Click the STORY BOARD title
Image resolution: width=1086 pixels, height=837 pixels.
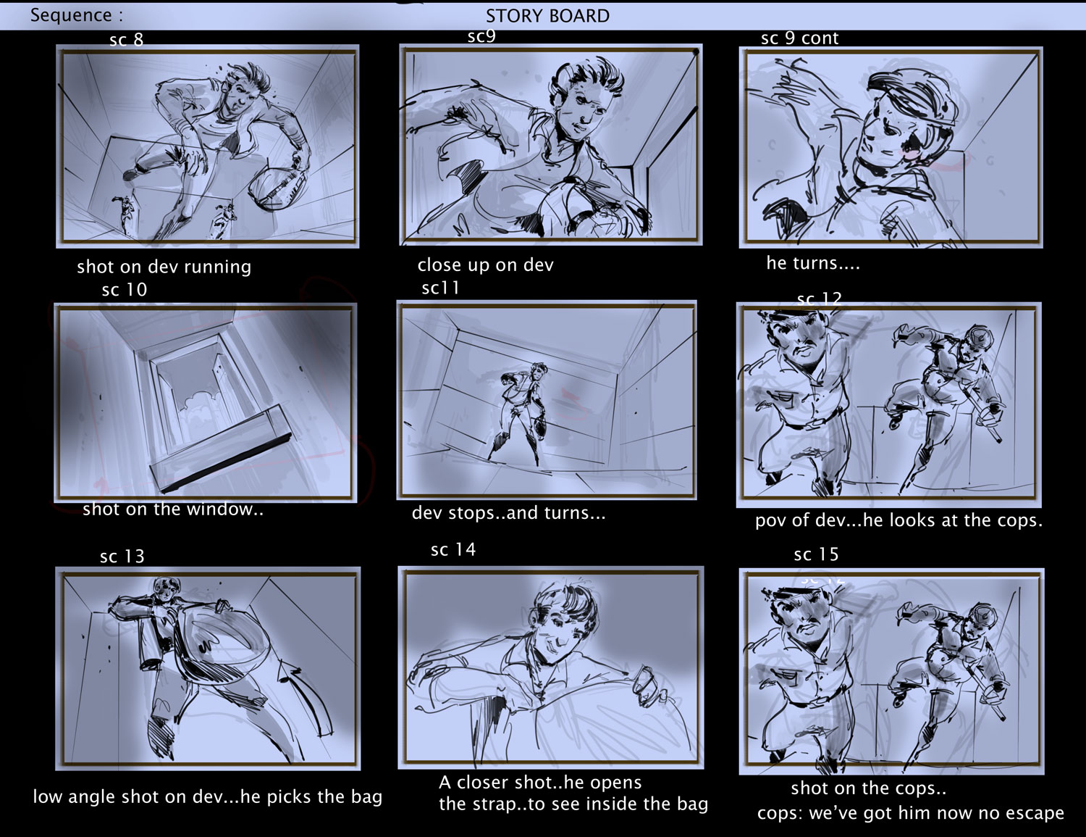pos(547,16)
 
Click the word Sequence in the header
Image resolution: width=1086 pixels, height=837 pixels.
pos(71,15)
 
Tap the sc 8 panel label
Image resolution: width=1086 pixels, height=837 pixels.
pos(127,40)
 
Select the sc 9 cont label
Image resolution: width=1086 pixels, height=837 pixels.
pos(799,38)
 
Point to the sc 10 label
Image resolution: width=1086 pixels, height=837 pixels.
pos(125,290)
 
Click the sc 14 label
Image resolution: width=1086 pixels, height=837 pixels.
pos(453,549)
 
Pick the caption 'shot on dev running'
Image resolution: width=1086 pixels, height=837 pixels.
pos(164,267)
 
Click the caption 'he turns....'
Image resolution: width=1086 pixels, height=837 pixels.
pos(813,263)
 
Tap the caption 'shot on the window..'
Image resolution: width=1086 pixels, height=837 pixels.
pos(173,509)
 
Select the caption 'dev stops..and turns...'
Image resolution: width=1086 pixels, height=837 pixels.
pos(508,513)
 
